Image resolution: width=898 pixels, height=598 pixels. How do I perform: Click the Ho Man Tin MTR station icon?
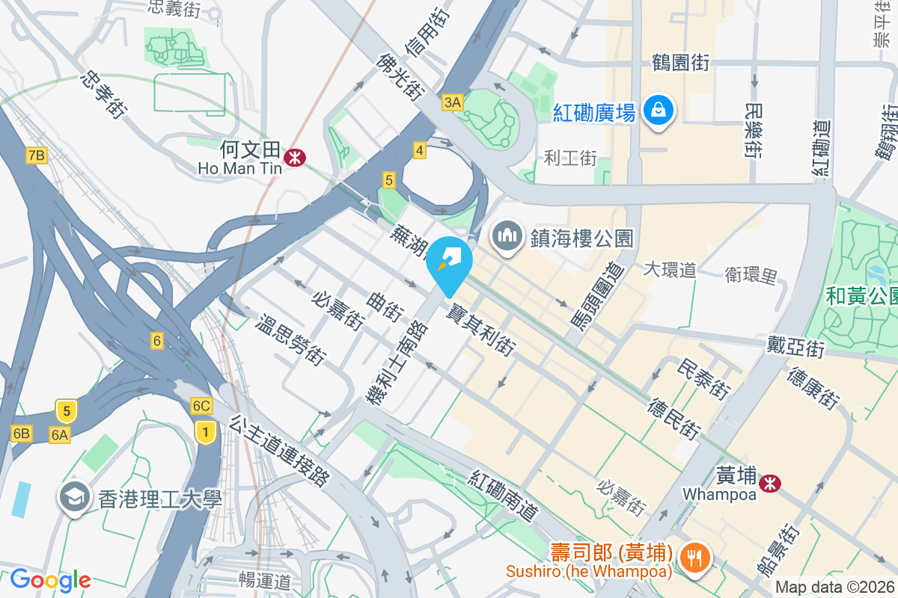pos(294,157)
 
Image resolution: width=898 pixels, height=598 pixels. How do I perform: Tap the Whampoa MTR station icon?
pos(769,484)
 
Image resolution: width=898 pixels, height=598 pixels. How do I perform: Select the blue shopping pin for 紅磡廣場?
pos(658,111)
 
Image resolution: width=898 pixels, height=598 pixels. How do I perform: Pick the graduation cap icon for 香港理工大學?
pos(74,497)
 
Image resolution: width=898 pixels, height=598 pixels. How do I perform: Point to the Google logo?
pos(50,579)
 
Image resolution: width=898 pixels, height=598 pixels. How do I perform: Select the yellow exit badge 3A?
pos(453,102)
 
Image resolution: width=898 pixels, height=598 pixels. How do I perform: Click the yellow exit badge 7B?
pos(36,155)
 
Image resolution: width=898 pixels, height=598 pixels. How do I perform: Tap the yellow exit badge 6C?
pos(201,406)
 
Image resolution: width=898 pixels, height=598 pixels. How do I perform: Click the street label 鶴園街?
pos(680,62)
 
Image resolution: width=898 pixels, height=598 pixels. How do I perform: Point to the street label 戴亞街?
pos(795,346)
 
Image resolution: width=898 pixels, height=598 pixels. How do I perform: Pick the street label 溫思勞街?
pos(290,339)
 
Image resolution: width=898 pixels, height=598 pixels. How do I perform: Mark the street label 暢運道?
pos(264,579)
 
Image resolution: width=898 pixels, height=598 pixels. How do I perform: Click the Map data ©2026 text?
pos(834,587)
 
